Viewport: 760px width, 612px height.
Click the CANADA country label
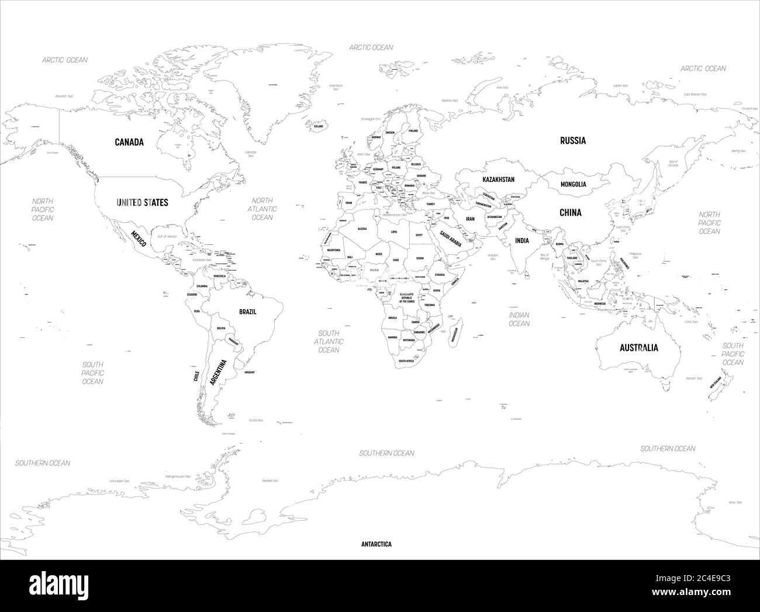coord(129,142)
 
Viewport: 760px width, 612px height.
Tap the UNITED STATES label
coord(142,202)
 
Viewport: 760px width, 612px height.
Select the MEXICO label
coord(138,238)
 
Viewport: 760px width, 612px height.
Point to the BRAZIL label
coord(247,312)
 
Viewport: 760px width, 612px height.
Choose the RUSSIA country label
coord(572,140)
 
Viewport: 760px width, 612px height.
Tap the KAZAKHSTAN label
coord(498,179)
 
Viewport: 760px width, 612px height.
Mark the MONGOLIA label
coord(573,184)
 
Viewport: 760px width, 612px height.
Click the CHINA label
coord(570,213)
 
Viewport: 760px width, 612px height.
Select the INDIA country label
coord(521,240)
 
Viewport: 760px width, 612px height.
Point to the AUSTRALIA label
coord(638,348)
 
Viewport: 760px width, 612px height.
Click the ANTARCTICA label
coord(376,544)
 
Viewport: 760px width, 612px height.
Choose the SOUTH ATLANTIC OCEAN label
coord(329,341)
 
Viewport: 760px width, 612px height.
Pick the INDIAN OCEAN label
coord(519,319)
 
